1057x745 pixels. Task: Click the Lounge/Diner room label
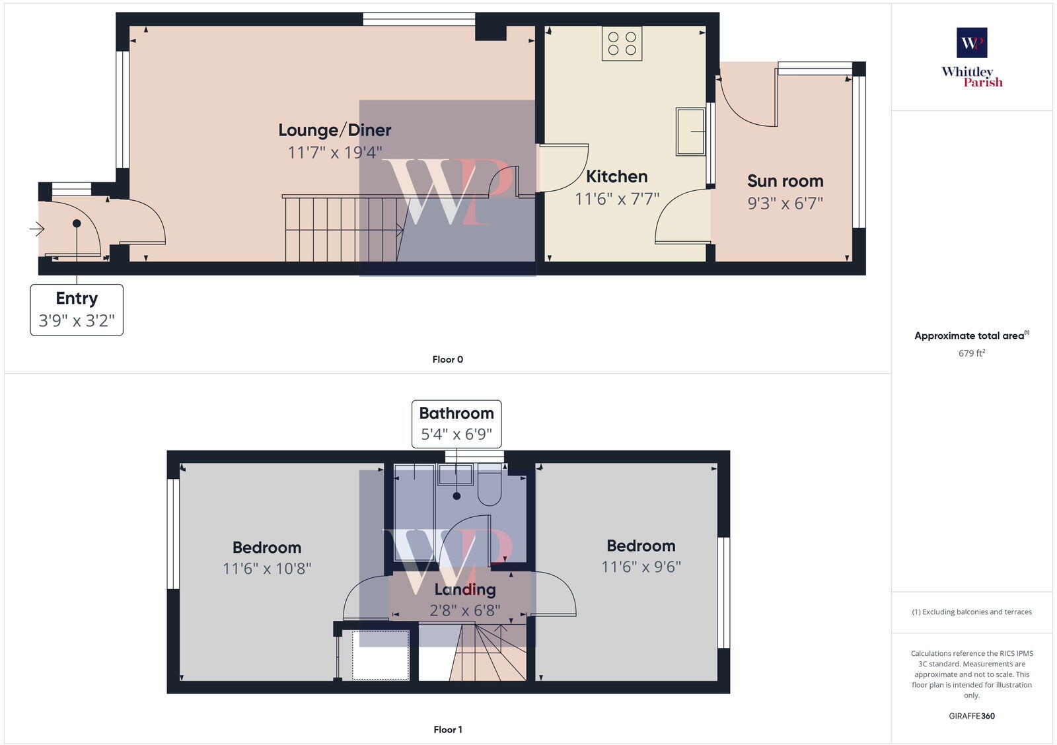tap(334, 130)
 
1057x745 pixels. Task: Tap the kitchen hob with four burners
tap(622, 44)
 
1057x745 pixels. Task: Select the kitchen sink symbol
tap(690, 131)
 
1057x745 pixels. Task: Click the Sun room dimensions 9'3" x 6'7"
tap(785, 203)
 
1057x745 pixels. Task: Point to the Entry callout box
tap(77, 310)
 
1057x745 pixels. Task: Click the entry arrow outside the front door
tap(36, 229)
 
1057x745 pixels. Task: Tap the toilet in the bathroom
tap(490, 487)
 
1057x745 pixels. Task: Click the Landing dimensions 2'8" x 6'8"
tap(465, 610)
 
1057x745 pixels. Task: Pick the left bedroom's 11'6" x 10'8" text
tap(267, 568)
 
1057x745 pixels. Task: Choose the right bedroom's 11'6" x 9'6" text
tap(641, 567)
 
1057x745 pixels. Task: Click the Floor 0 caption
tap(448, 359)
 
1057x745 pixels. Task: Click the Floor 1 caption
tap(448, 729)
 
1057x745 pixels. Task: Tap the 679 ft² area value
tap(971, 353)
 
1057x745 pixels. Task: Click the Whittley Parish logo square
tap(972, 43)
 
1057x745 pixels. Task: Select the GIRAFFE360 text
tap(971, 716)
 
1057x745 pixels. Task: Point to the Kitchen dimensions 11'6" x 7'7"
tap(616, 198)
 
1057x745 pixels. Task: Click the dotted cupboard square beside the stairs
tap(381, 655)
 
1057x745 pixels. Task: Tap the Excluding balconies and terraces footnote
tap(971, 612)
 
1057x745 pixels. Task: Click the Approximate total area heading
tap(968, 336)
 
